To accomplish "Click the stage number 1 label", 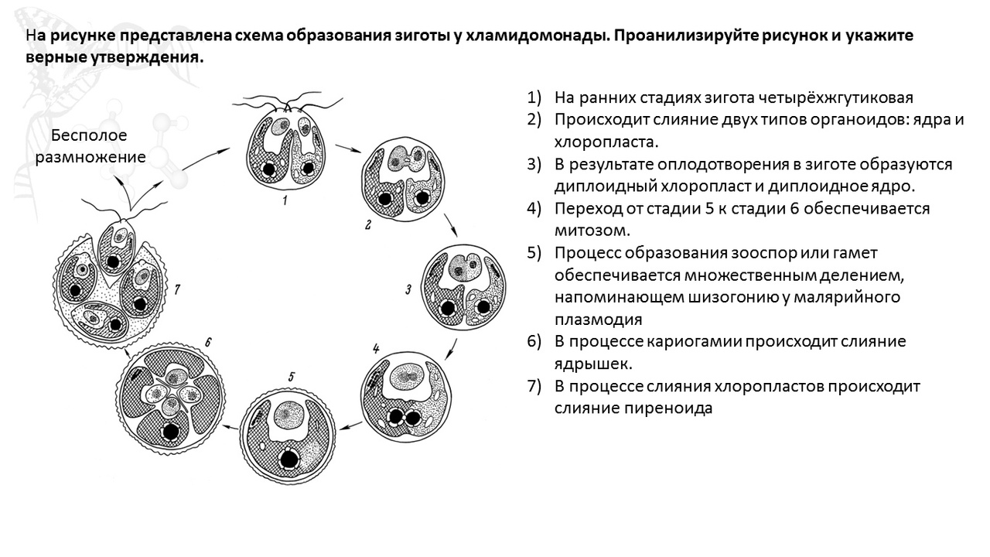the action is click(285, 200).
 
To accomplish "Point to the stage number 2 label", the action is click(367, 225).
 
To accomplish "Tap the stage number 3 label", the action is click(408, 289).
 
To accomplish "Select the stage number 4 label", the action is click(376, 349).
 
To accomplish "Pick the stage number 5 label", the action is click(292, 377).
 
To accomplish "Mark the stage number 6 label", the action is click(208, 342).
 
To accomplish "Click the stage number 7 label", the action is click(177, 289).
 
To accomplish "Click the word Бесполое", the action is click(89, 135).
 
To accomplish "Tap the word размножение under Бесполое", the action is click(90, 157).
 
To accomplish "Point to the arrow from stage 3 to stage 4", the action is click(451, 349).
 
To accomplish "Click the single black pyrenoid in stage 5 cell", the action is click(289, 460).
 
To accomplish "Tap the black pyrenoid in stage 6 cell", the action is click(171, 432).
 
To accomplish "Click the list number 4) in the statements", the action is click(534, 208).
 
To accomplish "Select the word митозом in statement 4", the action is click(592, 231).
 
